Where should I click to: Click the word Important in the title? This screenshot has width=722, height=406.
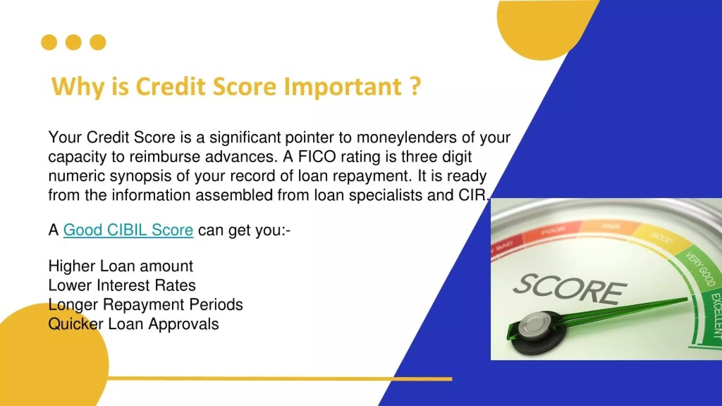point(343,86)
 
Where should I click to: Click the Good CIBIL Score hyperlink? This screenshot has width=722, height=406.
point(128,230)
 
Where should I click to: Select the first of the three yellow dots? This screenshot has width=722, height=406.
point(49,42)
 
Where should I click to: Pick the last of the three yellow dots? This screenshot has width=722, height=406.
point(98,42)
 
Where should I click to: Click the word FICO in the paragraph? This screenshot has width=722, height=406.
point(317,156)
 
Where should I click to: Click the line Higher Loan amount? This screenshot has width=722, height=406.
point(121,266)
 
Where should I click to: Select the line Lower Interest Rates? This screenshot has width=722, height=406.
point(122,285)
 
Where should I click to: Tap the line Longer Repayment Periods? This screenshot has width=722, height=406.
point(145,304)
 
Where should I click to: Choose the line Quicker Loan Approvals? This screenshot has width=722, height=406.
point(133,324)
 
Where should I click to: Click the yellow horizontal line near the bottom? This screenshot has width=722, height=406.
point(279,379)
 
